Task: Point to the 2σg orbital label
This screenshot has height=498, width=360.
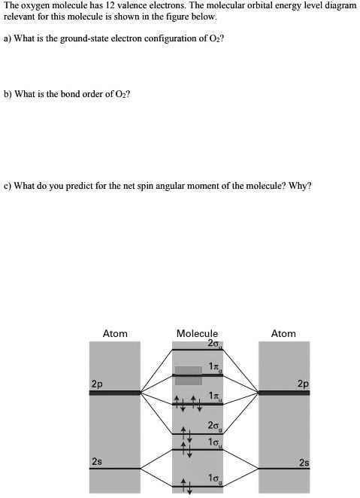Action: tap(213, 427)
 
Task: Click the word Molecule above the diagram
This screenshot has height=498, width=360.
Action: tap(197, 333)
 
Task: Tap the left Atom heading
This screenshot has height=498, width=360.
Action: tap(115, 333)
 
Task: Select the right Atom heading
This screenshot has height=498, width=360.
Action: tap(283, 333)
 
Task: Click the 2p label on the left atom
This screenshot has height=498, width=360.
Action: tap(97, 384)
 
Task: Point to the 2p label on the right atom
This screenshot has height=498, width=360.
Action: tap(302, 384)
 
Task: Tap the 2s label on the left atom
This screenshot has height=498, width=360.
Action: tap(97, 460)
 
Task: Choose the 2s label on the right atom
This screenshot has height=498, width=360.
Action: tap(303, 461)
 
